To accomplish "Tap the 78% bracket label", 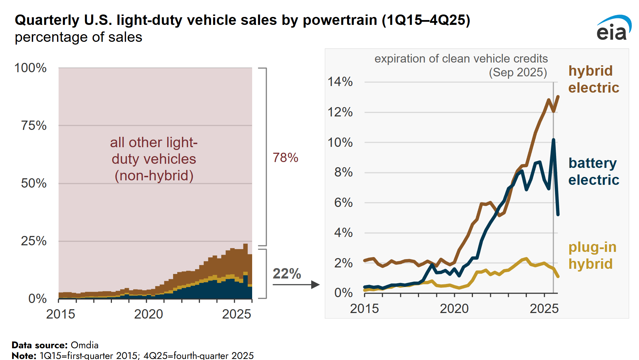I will [x=285, y=158].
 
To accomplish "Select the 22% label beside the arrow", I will [x=287, y=274].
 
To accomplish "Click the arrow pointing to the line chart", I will [x=296, y=285].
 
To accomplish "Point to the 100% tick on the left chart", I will [x=30, y=68].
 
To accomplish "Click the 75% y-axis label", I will [x=34, y=125].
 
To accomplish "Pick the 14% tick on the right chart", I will [x=340, y=82].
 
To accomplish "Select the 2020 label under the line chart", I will [x=454, y=309].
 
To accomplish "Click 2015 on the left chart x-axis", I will [x=60, y=314].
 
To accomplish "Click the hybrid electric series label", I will [x=593, y=79].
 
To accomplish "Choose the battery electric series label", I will [x=593, y=171].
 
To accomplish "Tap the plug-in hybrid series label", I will [x=592, y=255].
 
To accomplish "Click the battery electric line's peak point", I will [x=553, y=140].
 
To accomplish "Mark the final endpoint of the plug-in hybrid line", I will [x=558, y=276].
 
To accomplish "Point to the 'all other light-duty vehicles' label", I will [x=154, y=159].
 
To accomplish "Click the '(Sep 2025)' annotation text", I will [x=517, y=73].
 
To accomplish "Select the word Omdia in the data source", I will [x=85, y=345].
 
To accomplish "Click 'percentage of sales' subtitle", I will [x=78, y=37].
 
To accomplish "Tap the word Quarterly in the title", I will [x=47, y=20].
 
